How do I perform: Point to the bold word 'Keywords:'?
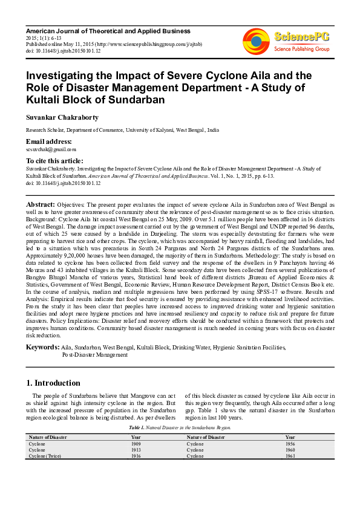[x=42, y=348]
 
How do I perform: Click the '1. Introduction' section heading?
[x=54, y=383]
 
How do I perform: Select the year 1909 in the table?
[x=136, y=444]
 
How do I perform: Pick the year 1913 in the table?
[x=136, y=450]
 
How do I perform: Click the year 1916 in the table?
[x=136, y=456]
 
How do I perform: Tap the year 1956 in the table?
[x=290, y=444]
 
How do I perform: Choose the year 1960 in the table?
[x=290, y=450]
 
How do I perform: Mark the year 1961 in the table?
[x=290, y=456]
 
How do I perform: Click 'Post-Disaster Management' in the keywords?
[x=94, y=355]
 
